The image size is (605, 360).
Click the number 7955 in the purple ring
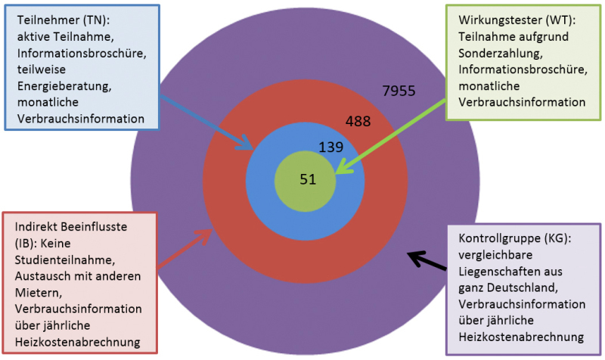point(399,91)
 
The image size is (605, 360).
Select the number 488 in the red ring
point(358,121)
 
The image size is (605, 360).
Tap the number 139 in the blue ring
point(330,147)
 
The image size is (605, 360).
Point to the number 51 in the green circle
point(308,179)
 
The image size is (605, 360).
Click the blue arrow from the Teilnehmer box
point(206,123)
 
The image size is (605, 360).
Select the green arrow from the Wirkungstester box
point(390,137)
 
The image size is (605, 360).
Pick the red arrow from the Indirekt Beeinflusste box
point(185,248)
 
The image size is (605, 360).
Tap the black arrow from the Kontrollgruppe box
point(427,260)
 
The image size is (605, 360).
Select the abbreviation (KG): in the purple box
point(554,238)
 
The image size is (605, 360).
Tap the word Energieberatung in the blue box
point(64,86)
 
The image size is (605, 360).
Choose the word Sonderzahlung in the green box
point(501,53)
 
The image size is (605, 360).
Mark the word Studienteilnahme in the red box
point(65,260)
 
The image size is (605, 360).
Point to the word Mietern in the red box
point(39,293)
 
